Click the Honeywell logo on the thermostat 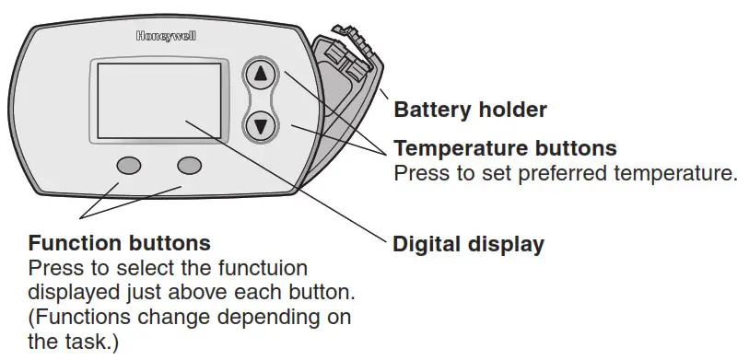[166, 36]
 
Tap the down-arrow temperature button [261, 126]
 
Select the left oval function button [129, 166]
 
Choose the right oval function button [189, 165]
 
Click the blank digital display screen [159, 100]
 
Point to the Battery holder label [470, 110]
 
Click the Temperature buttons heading [506, 148]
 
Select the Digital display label [468, 245]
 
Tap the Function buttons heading [120, 243]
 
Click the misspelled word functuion [263, 268]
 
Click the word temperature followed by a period [676, 173]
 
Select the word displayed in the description [74, 293]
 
